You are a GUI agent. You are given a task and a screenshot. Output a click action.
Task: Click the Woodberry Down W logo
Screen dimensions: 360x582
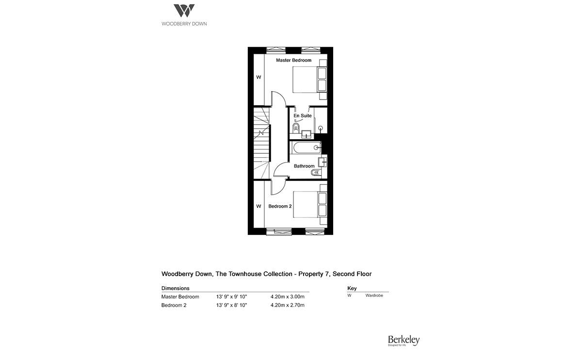(x=184, y=11)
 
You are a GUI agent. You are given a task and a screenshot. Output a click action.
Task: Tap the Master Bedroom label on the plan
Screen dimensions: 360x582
(x=293, y=60)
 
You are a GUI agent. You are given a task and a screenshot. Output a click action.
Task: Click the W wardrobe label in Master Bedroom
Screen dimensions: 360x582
(x=259, y=77)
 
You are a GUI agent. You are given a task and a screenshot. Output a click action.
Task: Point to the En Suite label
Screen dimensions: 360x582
(x=303, y=115)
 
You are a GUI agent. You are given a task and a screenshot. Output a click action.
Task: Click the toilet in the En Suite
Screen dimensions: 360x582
(x=296, y=128)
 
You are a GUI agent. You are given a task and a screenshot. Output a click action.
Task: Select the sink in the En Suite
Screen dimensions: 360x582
(x=307, y=133)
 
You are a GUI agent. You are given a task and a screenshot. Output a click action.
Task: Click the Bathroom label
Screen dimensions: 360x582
(x=304, y=166)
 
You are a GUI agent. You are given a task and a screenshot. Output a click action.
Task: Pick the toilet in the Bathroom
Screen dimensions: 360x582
(x=317, y=174)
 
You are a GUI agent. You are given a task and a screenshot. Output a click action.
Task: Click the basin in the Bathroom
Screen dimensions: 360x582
(x=323, y=161)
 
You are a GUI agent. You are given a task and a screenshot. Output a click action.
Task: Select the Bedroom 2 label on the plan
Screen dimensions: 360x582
(x=280, y=206)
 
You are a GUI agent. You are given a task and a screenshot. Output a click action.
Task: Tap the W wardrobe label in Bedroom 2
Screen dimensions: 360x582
(x=259, y=206)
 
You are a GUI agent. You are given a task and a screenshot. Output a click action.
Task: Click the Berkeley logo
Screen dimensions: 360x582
(x=403, y=341)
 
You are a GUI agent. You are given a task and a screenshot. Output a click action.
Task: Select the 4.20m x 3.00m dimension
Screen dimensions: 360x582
(x=287, y=296)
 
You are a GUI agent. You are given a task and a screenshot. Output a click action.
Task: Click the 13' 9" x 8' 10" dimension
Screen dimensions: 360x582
(x=231, y=305)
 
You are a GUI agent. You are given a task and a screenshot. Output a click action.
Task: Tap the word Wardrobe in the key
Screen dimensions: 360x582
(x=374, y=295)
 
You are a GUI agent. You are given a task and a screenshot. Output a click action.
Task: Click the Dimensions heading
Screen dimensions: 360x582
(x=175, y=288)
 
